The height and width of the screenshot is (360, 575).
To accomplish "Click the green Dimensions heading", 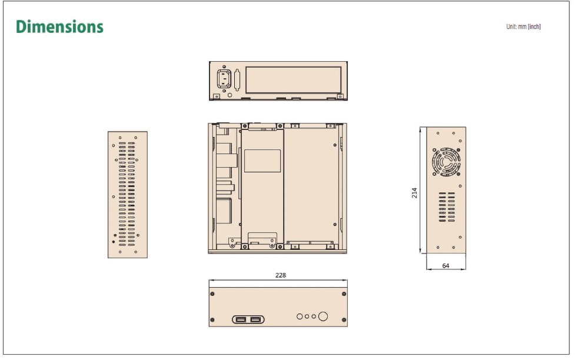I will tap(59, 27).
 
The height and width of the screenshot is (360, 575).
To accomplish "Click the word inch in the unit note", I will tap(534, 27).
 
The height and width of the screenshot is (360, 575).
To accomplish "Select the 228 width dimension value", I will tap(281, 275).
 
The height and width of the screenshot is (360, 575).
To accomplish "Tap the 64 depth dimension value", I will tap(446, 266).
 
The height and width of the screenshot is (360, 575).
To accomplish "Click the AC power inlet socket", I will tap(224, 79).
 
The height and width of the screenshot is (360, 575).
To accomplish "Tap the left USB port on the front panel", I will tap(241, 319).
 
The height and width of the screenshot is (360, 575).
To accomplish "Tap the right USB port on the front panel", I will tap(255, 319).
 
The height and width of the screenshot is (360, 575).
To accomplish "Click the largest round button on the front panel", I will tap(323, 316).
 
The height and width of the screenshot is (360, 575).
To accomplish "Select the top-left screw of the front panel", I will tap(212, 294).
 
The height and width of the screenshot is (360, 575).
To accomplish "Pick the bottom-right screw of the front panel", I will tap(344, 321).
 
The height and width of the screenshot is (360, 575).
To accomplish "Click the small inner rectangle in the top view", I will tap(262, 161).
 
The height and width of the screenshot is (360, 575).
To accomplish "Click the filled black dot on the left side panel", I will tap(114, 242).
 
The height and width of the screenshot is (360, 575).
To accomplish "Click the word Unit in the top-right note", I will tap(511, 27).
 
